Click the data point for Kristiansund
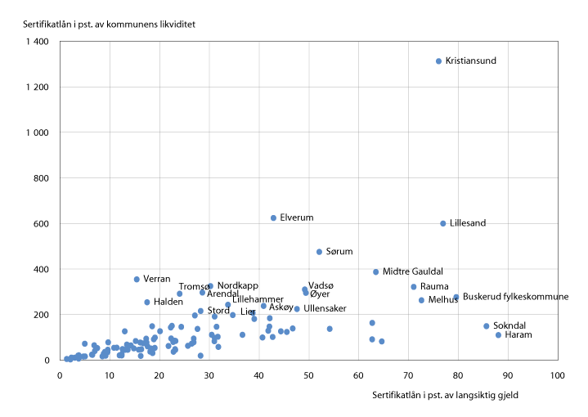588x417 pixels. [x=438, y=61]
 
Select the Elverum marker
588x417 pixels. [x=273, y=218]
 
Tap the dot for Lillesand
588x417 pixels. [x=443, y=223]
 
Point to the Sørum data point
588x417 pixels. [x=319, y=252]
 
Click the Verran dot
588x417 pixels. [x=137, y=280]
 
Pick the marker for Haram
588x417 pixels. [x=498, y=335]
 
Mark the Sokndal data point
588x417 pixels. [x=486, y=326]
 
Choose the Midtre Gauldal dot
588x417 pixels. [x=376, y=272]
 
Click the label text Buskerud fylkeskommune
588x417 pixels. [x=515, y=297]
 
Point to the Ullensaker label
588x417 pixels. [x=325, y=309]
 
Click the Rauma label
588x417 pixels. [x=434, y=287]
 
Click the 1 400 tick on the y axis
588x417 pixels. [x=36, y=42]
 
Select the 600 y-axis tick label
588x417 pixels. [x=41, y=224]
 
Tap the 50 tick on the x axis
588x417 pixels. [x=308, y=375]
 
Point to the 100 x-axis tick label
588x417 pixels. [x=557, y=375]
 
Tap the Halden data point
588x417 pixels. [x=147, y=303]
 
